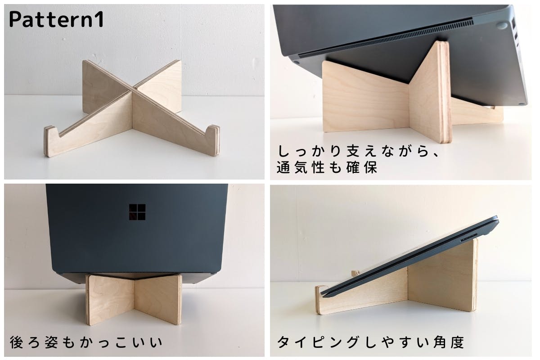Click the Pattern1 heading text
56,19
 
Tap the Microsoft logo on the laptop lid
137,212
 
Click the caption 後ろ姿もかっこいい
86,342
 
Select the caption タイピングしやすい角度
370,342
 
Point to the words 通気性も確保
327,167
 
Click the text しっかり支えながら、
359,151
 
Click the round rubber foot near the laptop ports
502,25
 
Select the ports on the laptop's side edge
515,34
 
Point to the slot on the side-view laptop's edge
469,239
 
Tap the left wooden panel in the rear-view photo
110,300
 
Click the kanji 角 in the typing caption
440,342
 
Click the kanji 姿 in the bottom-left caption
51,342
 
